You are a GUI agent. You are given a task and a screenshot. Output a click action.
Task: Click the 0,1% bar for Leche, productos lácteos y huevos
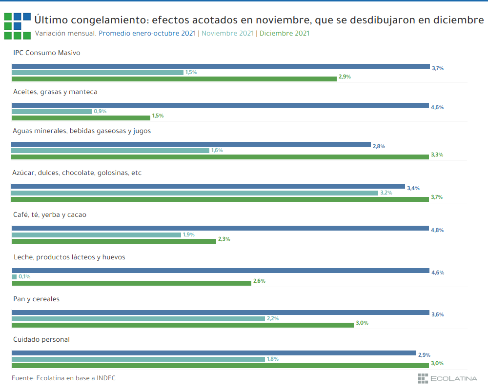pyautogui.click(x=14, y=277)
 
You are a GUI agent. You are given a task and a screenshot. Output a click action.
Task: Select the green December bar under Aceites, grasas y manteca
pyautogui.click(x=81, y=117)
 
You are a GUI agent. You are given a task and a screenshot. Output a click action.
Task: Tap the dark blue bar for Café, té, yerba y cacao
pyautogui.click(x=220, y=228)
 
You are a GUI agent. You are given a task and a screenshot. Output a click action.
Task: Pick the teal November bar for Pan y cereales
pyautogui.click(x=138, y=319)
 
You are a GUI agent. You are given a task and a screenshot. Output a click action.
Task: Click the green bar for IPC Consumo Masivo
pyautogui.click(x=174, y=78)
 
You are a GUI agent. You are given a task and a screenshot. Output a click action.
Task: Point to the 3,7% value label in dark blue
pyautogui.click(x=437, y=68)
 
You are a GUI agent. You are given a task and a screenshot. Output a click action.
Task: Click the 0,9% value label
pyautogui.click(x=100, y=111)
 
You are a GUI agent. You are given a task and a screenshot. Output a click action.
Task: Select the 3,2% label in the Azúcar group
pyautogui.click(x=386, y=193)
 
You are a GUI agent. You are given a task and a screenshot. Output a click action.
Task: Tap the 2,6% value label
pyautogui.click(x=259, y=281)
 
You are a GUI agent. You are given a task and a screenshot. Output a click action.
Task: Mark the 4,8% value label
pyautogui.click(x=437, y=230)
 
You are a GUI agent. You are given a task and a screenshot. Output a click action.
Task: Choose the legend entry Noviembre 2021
pyautogui.click(x=227, y=33)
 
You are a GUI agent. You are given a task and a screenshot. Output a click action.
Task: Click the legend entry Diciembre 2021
pyautogui.click(x=284, y=33)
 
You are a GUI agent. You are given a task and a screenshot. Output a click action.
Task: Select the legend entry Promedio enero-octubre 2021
pyautogui.click(x=147, y=33)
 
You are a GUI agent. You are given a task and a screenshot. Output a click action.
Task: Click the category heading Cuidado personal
pyautogui.click(x=41, y=339)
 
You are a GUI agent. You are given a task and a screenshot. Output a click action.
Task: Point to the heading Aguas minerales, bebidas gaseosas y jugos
pyautogui.click(x=82, y=131)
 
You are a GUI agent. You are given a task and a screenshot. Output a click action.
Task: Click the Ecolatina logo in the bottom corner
pyautogui.click(x=447, y=378)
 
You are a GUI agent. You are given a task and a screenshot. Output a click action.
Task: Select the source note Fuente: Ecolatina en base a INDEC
pyautogui.click(x=63, y=378)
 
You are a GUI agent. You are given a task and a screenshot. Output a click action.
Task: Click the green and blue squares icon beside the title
pyautogui.click(x=17, y=26)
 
